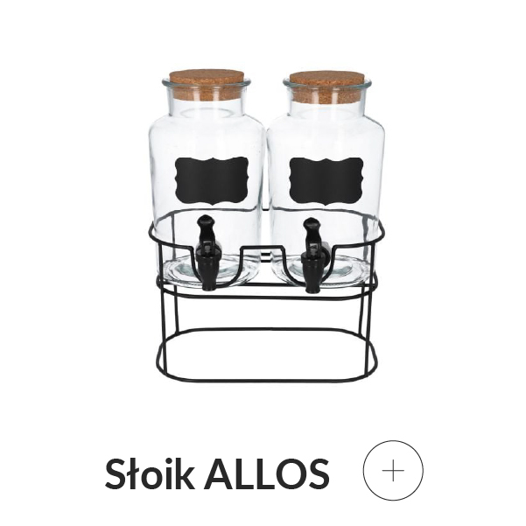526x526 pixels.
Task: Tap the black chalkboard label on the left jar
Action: click(212, 180)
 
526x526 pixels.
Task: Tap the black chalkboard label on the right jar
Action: click(326, 181)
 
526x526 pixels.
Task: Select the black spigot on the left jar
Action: click(207, 253)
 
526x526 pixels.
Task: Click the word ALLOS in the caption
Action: click(266, 473)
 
